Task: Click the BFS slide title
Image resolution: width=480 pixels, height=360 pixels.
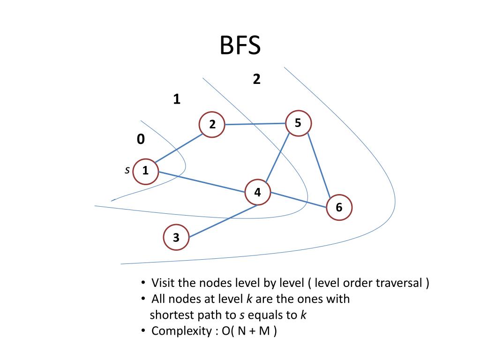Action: click(x=240, y=46)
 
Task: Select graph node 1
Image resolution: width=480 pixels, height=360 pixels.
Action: click(x=145, y=171)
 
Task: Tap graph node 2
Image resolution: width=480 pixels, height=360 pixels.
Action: click(x=212, y=125)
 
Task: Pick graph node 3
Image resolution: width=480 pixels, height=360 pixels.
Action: click(x=176, y=238)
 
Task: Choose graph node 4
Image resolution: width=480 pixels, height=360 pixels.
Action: click(x=257, y=192)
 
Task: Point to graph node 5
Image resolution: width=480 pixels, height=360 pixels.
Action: click(x=298, y=123)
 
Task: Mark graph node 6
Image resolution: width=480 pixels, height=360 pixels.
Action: click(x=338, y=208)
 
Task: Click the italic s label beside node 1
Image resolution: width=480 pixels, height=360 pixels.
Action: click(x=127, y=170)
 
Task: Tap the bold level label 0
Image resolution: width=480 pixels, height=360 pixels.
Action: click(x=141, y=139)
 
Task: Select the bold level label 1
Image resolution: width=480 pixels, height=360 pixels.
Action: click(x=177, y=99)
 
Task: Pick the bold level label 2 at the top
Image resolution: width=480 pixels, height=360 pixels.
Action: click(x=256, y=80)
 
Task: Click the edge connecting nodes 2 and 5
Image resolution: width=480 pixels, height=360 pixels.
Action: click(x=255, y=124)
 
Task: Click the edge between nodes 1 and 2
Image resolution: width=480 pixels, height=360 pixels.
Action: click(x=179, y=148)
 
